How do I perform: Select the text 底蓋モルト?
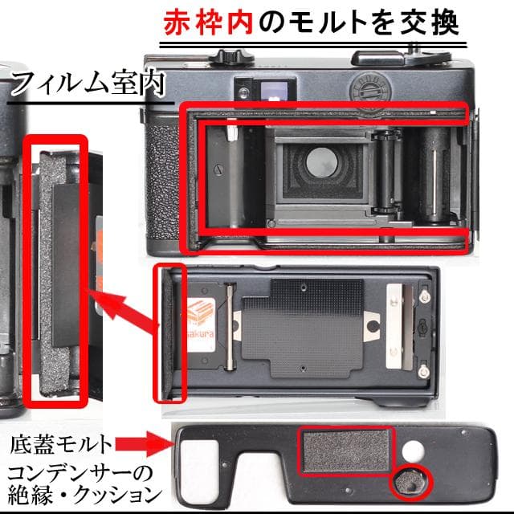(61, 442)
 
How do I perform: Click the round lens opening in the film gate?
(320, 162)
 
